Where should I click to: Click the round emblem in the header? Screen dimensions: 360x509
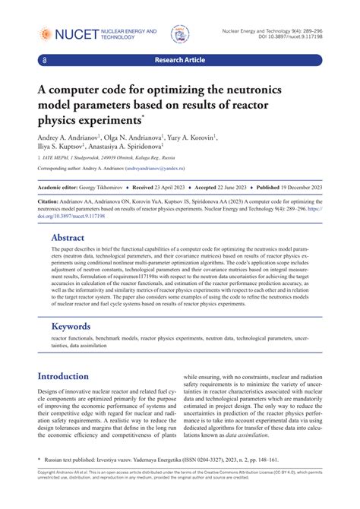pyautogui.click(x=180, y=33)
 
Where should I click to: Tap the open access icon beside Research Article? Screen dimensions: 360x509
pyautogui.click(x=46, y=58)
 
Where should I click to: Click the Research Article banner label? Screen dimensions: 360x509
pyautogui.click(x=180, y=58)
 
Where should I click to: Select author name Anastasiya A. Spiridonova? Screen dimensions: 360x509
pyautogui.click(x=137, y=150)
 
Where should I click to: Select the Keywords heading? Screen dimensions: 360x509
pyautogui.click(x=71, y=326)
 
